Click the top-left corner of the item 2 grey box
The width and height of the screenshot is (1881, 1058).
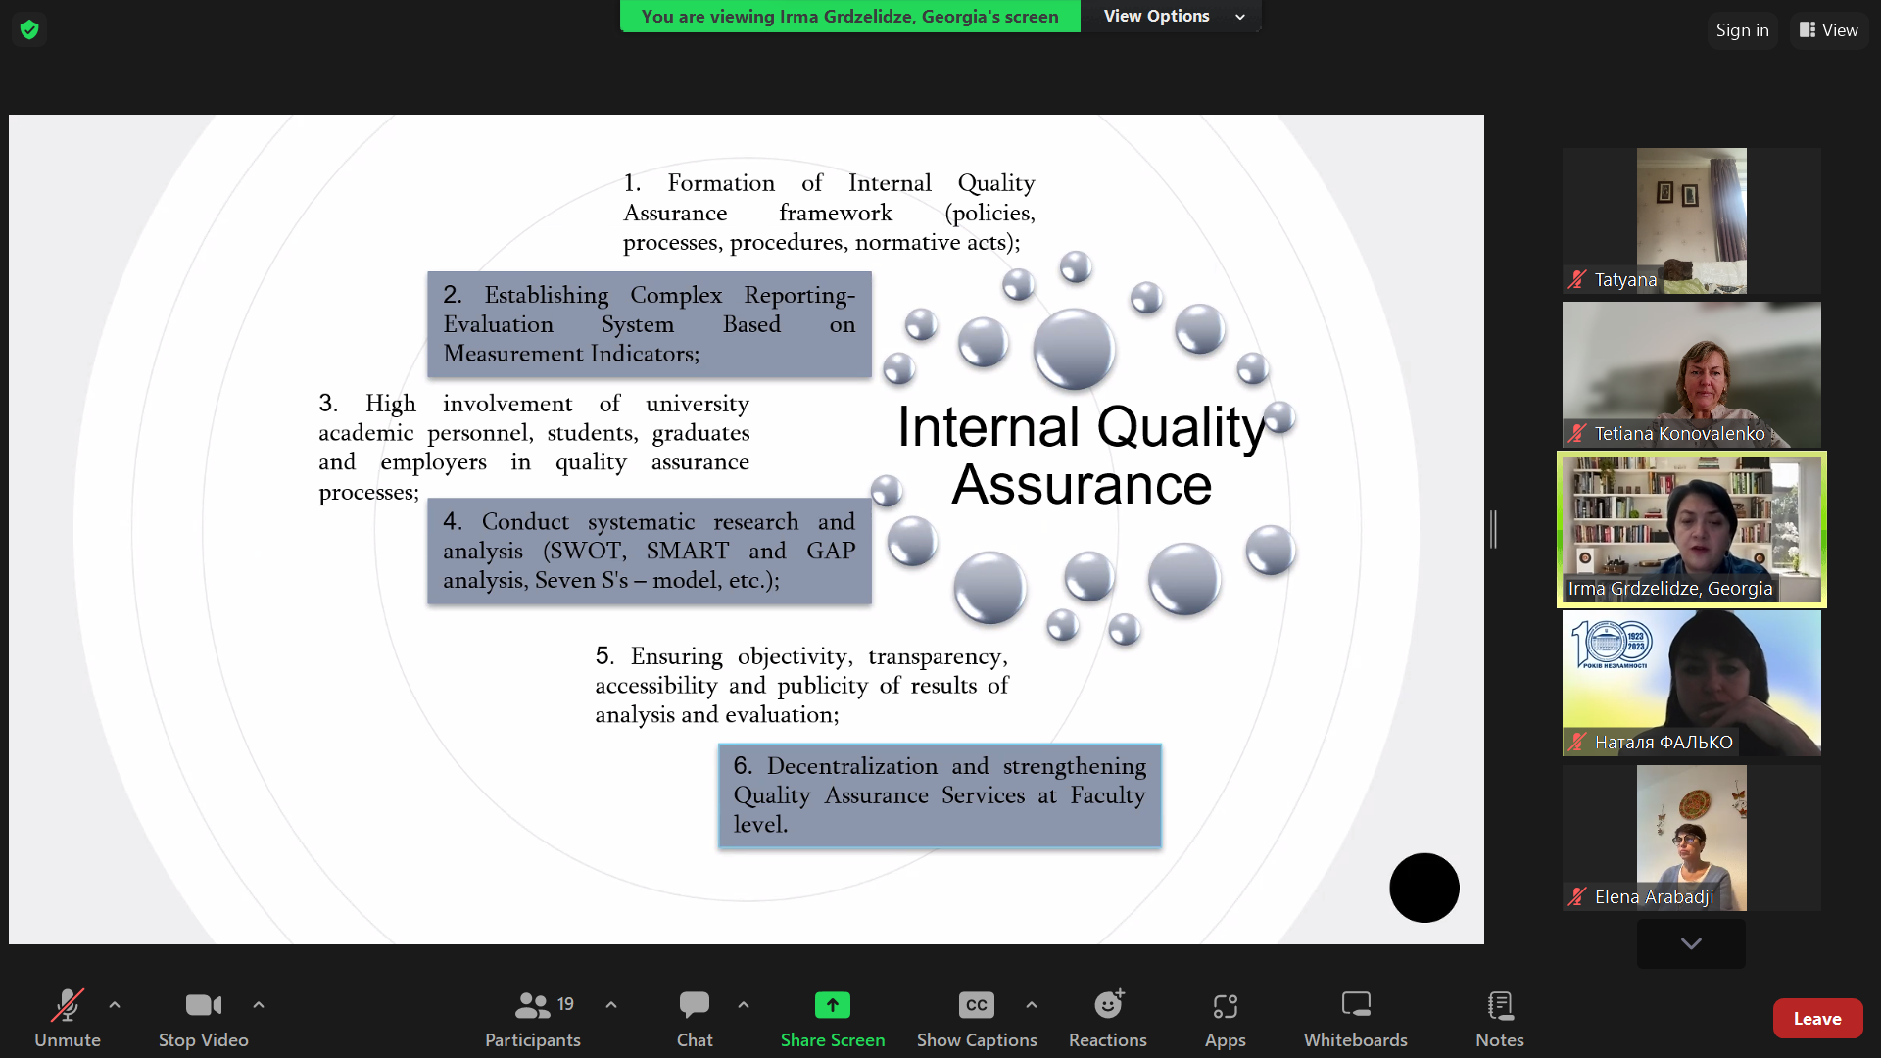click(428, 272)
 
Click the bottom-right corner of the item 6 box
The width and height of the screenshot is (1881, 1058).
click(1161, 847)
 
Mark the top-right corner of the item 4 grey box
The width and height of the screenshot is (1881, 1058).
click(872, 499)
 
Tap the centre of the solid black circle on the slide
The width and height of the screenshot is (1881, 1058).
click(1424, 888)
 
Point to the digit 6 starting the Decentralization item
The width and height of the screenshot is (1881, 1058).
click(742, 765)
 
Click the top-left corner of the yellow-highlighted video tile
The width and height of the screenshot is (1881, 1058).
click(1558, 452)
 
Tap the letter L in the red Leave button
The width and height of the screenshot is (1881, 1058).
click(1799, 1019)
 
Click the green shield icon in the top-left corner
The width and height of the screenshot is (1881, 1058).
click(29, 29)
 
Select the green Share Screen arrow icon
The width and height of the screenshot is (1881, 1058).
click(833, 1005)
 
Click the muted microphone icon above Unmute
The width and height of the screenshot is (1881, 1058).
click(68, 1005)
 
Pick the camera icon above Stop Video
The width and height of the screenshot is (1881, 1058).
click(204, 1005)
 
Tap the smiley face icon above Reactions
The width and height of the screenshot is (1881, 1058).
click(1108, 1004)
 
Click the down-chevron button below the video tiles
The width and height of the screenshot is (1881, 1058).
click(1691, 943)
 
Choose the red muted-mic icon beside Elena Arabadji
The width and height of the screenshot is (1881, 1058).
click(1577, 896)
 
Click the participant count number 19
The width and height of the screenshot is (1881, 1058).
click(565, 1004)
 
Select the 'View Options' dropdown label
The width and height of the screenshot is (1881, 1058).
click(1156, 16)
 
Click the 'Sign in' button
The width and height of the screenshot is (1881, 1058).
click(1742, 30)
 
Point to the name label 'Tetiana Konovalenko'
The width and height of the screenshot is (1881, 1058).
click(1679, 433)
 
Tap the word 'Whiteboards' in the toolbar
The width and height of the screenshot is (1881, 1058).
click(1355, 1039)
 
